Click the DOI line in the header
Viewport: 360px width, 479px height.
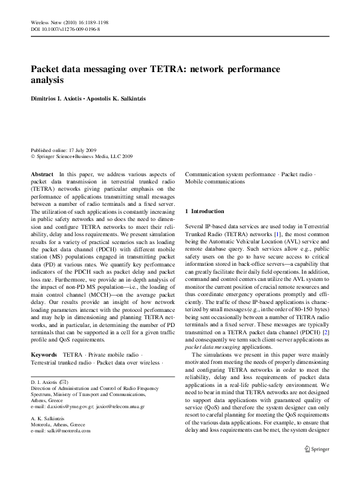tap(65, 28)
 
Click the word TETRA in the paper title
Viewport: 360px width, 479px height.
tap(162, 70)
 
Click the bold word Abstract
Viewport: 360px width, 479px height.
tap(42, 174)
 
